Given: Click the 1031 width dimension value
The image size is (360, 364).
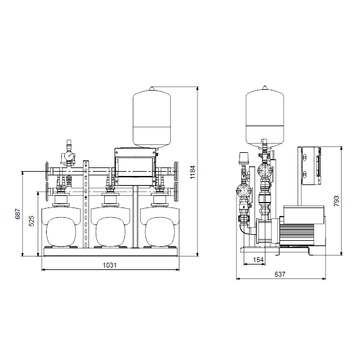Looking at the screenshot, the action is point(110,265).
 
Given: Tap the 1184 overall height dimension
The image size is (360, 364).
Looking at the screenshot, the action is point(193,172).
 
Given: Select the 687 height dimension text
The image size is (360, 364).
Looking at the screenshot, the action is point(18,214).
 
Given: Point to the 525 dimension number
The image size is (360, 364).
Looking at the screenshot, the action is point(32,221).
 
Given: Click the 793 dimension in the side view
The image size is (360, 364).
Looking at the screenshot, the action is point(336,201).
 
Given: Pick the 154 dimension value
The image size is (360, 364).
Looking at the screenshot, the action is point(258,260).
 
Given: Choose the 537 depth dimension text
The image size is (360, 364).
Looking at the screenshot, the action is point(280,274).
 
